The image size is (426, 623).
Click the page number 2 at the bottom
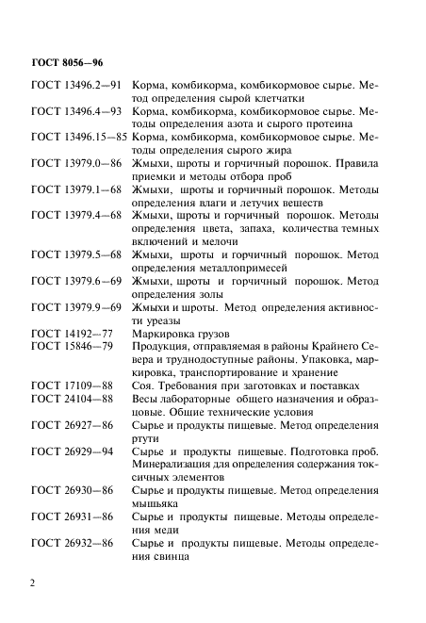point(33,585)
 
